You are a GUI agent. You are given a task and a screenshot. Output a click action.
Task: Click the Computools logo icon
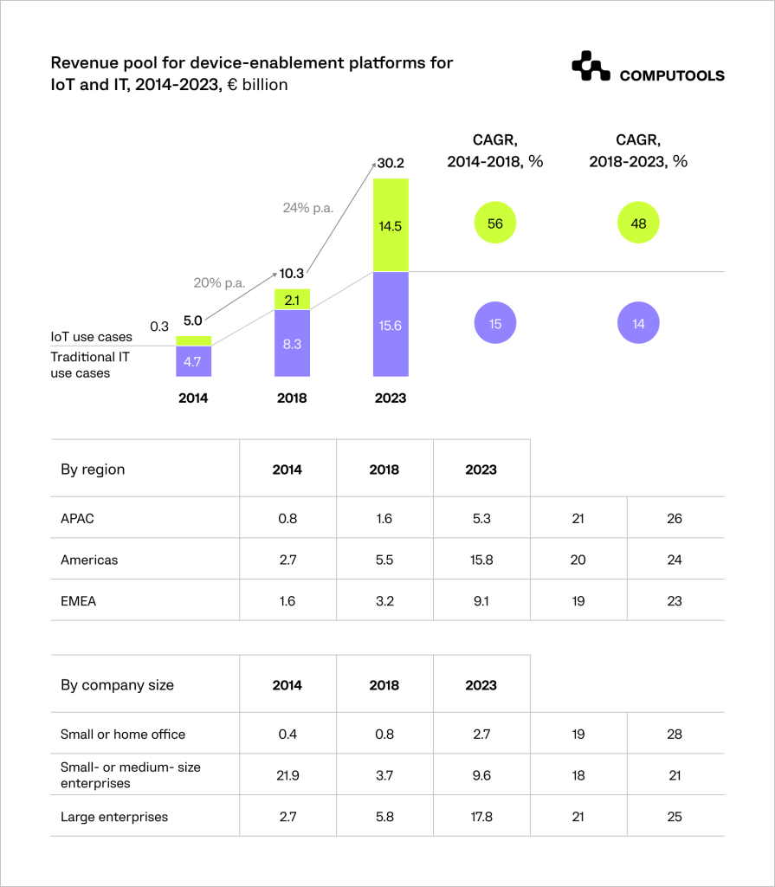(x=591, y=67)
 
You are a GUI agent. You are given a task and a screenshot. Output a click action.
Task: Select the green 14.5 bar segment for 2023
(x=391, y=225)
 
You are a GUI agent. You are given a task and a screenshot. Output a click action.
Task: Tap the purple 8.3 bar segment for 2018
(x=292, y=343)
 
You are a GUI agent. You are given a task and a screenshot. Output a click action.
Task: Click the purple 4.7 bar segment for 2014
(x=193, y=361)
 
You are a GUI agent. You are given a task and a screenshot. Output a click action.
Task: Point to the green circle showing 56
(x=495, y=223)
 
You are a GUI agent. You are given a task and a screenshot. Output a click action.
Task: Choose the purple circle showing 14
(x=638, y=325)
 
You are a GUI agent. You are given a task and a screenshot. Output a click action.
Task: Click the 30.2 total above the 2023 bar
(x=391, y=162)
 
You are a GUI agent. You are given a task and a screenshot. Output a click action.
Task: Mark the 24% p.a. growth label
(x=307, y=208)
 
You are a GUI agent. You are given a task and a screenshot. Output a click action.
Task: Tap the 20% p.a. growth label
(x=219, y=282)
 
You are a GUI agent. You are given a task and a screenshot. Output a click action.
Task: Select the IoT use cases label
(x=91, y=336)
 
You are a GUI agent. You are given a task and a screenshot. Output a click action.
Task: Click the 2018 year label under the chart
(x=292, y=399)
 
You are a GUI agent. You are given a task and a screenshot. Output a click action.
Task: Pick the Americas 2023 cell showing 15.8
(x=481, y=560)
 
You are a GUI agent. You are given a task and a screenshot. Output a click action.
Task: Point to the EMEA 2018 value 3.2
(x=384, y=601)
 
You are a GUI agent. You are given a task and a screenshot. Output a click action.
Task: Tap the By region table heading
(x=93, y=469)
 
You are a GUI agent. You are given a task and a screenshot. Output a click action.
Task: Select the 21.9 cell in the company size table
(x=287, y=775)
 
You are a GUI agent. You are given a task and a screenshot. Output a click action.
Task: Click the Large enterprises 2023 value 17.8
(x=481, y=817)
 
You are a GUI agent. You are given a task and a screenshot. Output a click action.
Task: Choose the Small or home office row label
(x=123, y=735)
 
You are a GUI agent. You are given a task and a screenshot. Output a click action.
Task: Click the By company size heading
(x=117, y=685)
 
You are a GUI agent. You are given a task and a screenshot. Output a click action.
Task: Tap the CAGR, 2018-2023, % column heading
(x=639, y=151)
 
